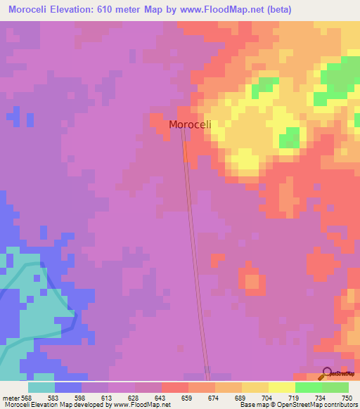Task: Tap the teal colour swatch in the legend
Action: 41,387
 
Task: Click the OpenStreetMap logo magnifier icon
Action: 327,374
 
